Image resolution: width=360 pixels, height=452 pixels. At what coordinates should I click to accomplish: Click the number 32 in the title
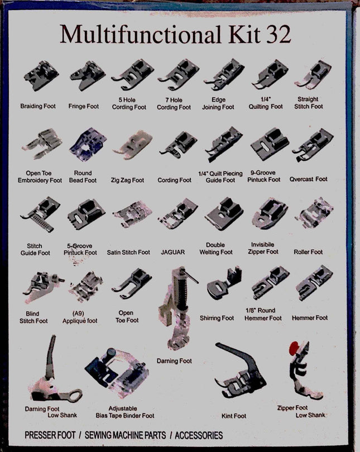click(x=275, y=34)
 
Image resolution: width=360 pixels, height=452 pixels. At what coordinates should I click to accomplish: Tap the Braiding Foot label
click(x=38, y=106)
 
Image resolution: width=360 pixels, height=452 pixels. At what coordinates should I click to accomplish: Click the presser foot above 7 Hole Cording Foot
click(x=178, y=75)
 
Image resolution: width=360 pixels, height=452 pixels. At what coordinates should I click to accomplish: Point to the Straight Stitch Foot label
click(x=309, y=103)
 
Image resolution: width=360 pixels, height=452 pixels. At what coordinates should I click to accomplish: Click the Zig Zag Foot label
click(x=128, y=180)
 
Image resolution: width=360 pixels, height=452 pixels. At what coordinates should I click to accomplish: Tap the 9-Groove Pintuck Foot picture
click(x=270, y=144)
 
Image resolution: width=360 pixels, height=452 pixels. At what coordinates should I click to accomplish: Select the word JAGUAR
click(x=172, y=253)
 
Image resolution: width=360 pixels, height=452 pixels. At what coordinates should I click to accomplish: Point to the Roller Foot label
click(x=308, y=253)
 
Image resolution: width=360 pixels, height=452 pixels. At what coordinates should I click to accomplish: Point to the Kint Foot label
click(x=234, y=416)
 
